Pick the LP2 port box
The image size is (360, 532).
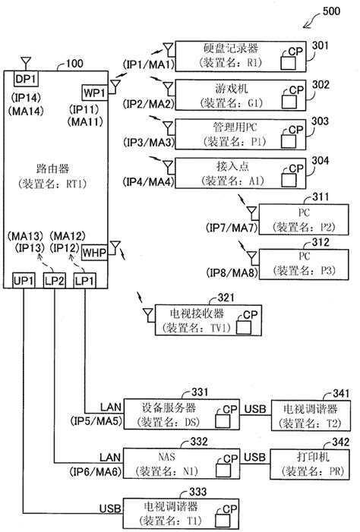click(54, 280)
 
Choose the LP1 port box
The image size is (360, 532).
click(84, 280)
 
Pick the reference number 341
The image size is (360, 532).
click(342, 394)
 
